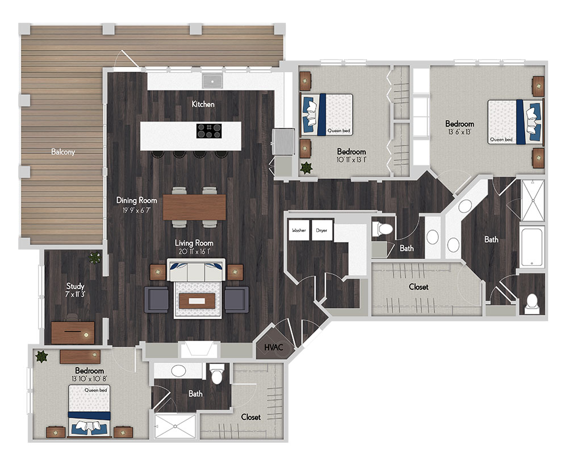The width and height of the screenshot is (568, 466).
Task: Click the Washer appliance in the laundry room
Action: point(299,230)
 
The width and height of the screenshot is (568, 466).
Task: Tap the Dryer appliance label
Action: point(321,230)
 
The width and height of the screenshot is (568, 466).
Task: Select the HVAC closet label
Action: point(274,347)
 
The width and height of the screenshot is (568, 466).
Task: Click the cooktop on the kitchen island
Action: point(209,131)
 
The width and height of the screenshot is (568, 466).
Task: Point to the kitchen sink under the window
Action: point(212,81)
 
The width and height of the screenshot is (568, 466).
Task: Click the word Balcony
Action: point(63,152)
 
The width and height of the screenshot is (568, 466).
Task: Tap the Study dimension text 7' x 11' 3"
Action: point(75,294)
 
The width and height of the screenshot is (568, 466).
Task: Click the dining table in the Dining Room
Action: point(194,207)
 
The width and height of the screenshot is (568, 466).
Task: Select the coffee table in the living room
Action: point(197,301)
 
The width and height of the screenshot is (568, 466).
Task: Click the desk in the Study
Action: point(73,332)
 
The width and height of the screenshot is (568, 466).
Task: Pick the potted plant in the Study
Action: point(95,257)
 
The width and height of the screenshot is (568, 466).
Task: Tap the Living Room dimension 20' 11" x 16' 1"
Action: point(194,251)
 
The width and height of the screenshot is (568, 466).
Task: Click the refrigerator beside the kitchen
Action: point(283,142)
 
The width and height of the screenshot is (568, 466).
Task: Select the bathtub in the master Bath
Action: point(532,247)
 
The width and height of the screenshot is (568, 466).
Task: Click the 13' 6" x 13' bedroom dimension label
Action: point(460,132)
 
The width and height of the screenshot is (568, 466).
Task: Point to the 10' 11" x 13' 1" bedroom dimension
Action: point(352,160)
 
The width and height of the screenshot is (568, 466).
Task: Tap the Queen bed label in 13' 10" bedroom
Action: point(95,390)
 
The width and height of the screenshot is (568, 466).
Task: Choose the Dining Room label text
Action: point(136,200)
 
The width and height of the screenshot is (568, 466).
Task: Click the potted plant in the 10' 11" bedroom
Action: point(307,168)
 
